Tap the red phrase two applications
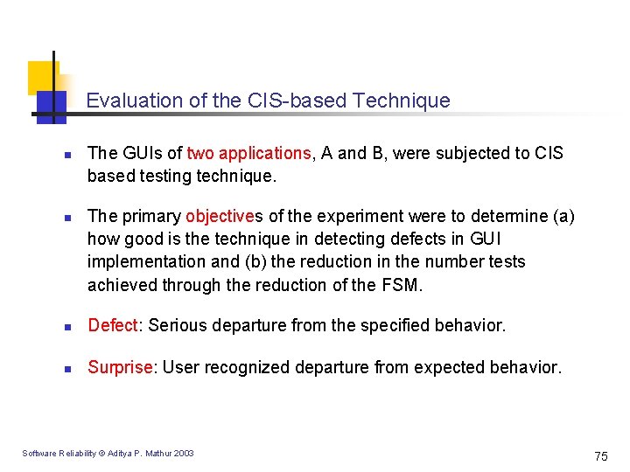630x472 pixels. (248, 153)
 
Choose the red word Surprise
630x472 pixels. (121, 367)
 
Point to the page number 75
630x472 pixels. (600, 455)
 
